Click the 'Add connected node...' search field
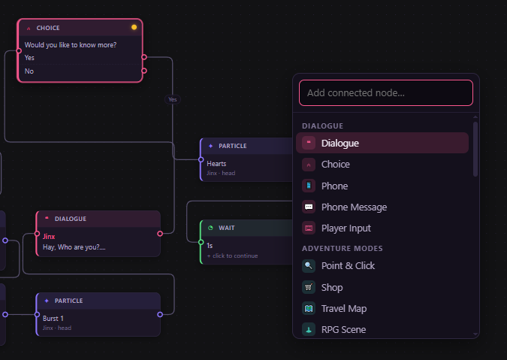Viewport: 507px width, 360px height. pyautogui.click(x=386, y=93)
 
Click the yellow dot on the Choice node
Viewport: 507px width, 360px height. pyautogui.click(x=134, y=28)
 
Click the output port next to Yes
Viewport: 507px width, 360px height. pyautogui.click(x=144, y=57)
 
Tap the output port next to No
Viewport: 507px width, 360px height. pyautogui.click(x=144, y=71)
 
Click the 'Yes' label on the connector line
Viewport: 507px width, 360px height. pyautogui.click(x=173, y=99)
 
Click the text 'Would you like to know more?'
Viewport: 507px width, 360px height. pyautogui.click(x=71, y=45)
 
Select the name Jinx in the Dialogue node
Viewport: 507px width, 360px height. pyautogui.click(x=49, y=237)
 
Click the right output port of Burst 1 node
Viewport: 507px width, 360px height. pyautogui.click(x=160, y=314)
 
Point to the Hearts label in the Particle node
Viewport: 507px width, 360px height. pyautogui.click(x=216, y=164)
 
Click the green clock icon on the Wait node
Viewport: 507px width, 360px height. pyautogui.click(x=210, y=228)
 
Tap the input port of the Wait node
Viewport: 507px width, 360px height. pyautogui.click(x=201, y=242)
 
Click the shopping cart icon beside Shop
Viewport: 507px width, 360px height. pyautogui.click(x=309, y=287)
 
